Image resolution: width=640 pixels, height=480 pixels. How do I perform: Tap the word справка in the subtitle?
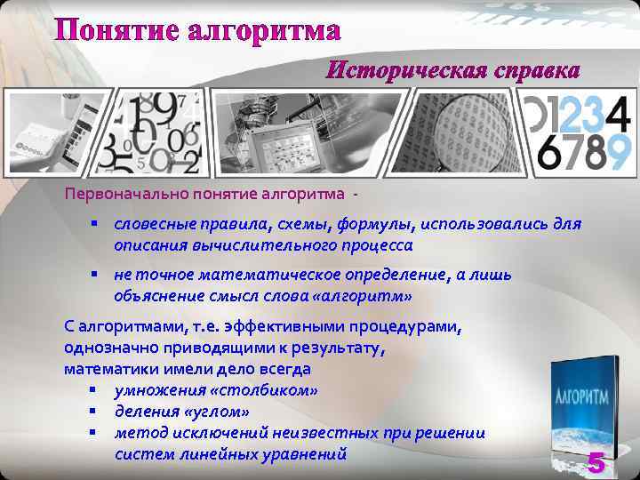pyautogui.click(x=532, y=69)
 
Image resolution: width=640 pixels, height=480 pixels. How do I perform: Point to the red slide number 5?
pyautogui.click(x=596, y=463)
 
